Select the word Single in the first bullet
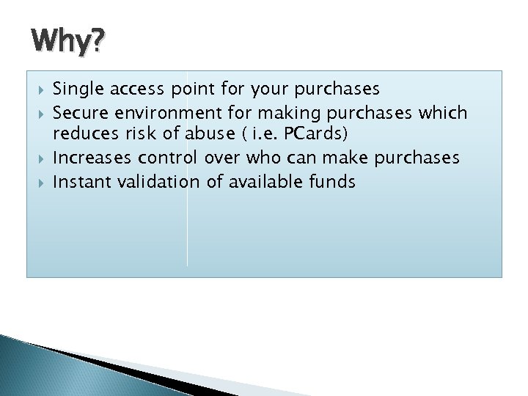coord(76,89)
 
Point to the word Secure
coord(78,112)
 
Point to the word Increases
coord(90,158)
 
